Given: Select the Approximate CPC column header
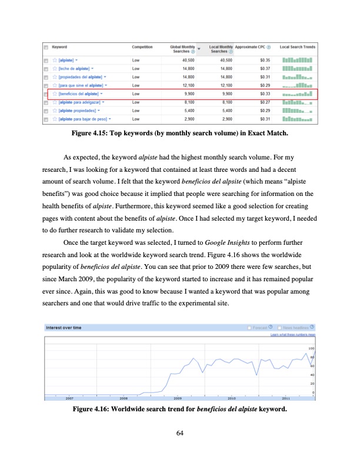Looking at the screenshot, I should (x=252, y=46).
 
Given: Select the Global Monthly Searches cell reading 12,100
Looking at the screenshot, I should (x=188, y=85).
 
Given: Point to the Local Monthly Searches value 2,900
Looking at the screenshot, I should (x=225, y=119).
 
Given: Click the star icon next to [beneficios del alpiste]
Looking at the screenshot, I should (x=54, y=94).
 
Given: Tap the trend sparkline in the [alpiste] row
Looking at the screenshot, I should (x=297, y=60).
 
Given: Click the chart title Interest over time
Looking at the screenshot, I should (x=65, y=328).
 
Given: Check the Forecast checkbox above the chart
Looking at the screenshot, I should (x=250, y=328).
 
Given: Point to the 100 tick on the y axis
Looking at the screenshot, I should (x=311, y=349).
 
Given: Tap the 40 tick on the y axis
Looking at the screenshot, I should (x=312, y=375).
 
